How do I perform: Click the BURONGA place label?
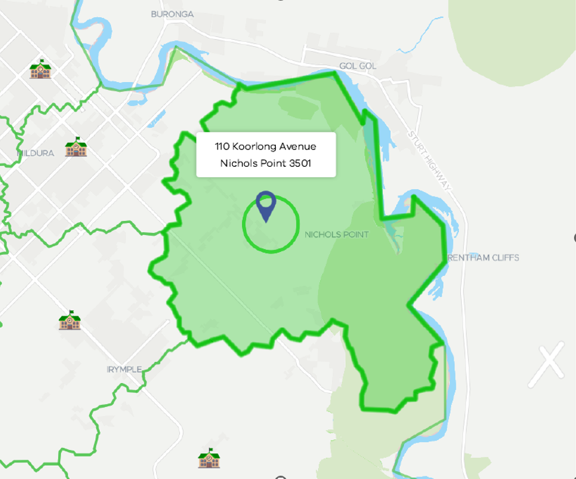pos(172,13)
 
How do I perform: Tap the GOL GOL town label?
pos(357,66)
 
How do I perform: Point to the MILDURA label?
pos(36,153)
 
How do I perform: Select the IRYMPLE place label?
pos(124,369)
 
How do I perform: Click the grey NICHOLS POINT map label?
pos(336,234)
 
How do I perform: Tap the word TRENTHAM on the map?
pos(470,257)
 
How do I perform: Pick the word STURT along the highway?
pos(417,142)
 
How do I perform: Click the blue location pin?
pos(265,206)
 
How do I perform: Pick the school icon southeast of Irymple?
pos(209,458)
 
